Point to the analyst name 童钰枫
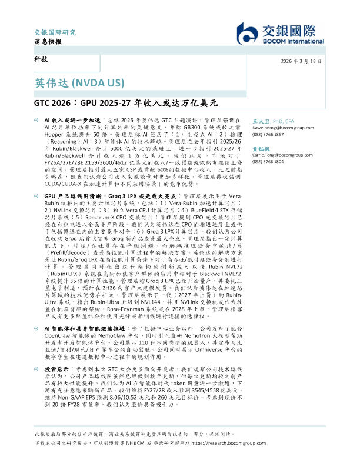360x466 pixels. (x=261, y=150)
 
